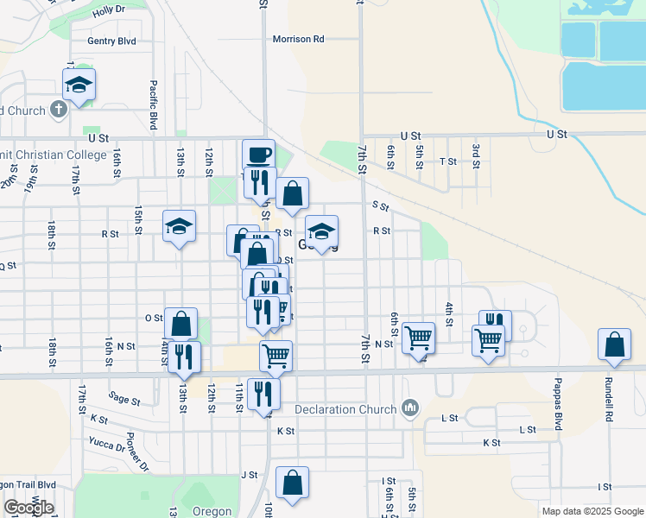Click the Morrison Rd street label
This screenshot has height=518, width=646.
coord(298,39)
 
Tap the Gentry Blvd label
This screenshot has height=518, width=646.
coord(111,41)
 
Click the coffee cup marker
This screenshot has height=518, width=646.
coord(258,155)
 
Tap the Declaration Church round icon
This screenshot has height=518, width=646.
coord(410,407)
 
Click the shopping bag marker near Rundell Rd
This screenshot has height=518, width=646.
coord(613,344)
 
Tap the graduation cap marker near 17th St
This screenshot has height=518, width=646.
coord(79,85)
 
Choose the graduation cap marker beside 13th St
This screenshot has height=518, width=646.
coord(179,226)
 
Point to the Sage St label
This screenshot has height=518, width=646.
coord(124,398)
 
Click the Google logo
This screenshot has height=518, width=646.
coord(28,508)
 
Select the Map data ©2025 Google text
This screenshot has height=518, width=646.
coord(592,511)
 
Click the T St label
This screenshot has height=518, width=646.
coord(447,161)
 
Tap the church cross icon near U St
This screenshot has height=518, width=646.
coord(59,110)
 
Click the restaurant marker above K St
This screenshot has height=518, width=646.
coord(263,393)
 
